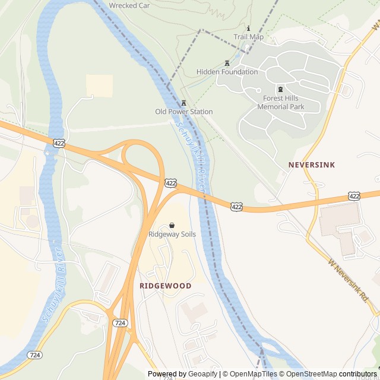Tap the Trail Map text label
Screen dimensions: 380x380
(x=248, y=37)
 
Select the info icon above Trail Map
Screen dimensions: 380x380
(x=248, y=28)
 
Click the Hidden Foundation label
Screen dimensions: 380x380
(x=227, y=72)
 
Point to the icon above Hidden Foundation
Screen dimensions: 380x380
(x=227, y=63)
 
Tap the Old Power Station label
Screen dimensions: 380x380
(x=183, y=112)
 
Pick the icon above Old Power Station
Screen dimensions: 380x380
(x=183, y=103)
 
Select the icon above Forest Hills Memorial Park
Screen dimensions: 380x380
(x=280, y=89)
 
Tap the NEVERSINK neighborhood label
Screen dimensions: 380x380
(x=312, y=164)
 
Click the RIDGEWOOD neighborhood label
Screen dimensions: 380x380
(x=165, y=286)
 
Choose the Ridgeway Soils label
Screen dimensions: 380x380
(x=172, y=235)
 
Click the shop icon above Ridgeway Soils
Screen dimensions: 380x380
(x=172, y=226)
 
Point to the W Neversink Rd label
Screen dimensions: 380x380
(x=348, y=278)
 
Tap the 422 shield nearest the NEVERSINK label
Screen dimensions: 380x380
(x=354, y=195)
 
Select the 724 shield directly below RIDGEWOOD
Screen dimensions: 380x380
(x=120, y=322)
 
